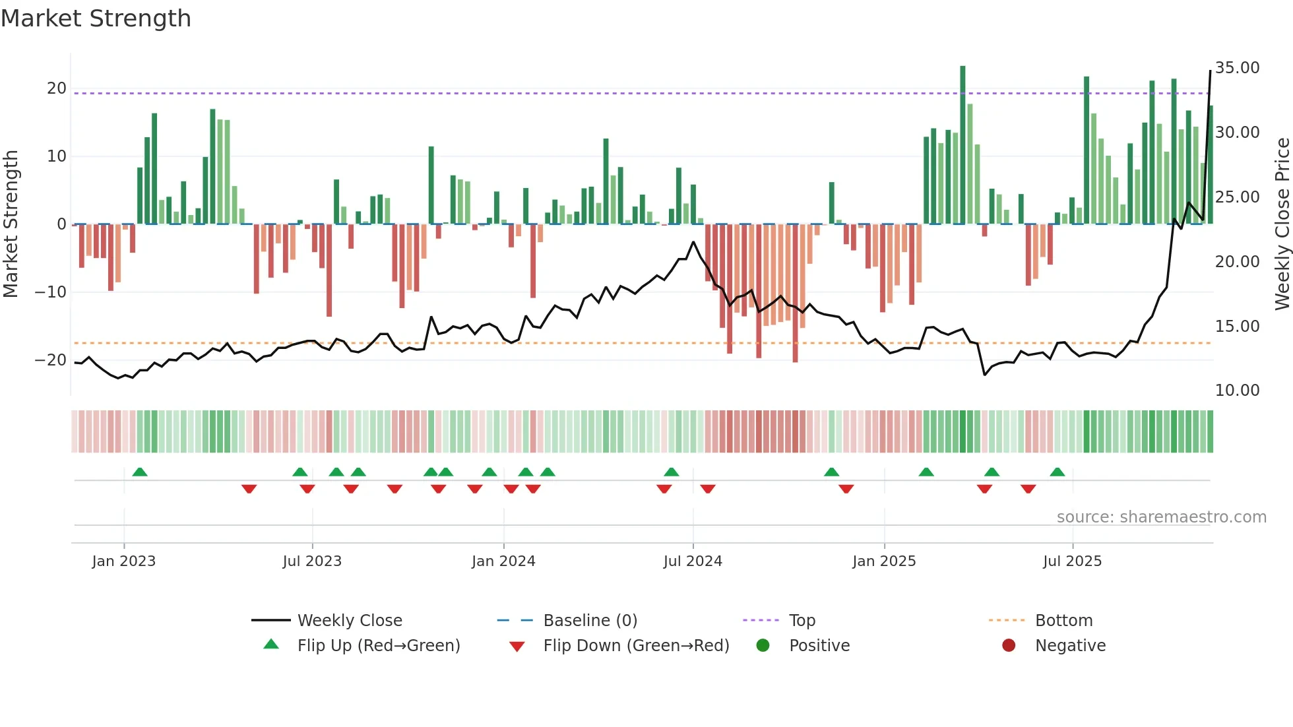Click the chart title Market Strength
pos(96,18)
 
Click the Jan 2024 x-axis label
pos(503,561)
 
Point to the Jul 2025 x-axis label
pos(1072,561)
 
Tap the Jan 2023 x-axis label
pos(124,561)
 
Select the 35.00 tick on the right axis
pos(1237,68)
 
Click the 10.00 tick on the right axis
pos(1237,391)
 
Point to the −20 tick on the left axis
pos(51,360)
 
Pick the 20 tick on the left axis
pos(57,88)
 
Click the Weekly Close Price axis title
pos(1282,224)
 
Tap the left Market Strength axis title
pos(11,224)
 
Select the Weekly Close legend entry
pos(350,621)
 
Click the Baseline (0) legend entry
pos(590,621)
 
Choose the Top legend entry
pos(802,621)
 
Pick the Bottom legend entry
pos(1063,621)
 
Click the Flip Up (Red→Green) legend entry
pos(378,646)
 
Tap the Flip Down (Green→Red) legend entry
pos(636,646)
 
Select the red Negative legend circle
pos(1009,646)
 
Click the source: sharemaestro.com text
pos(1161,517)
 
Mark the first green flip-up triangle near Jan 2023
pos(140,472)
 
